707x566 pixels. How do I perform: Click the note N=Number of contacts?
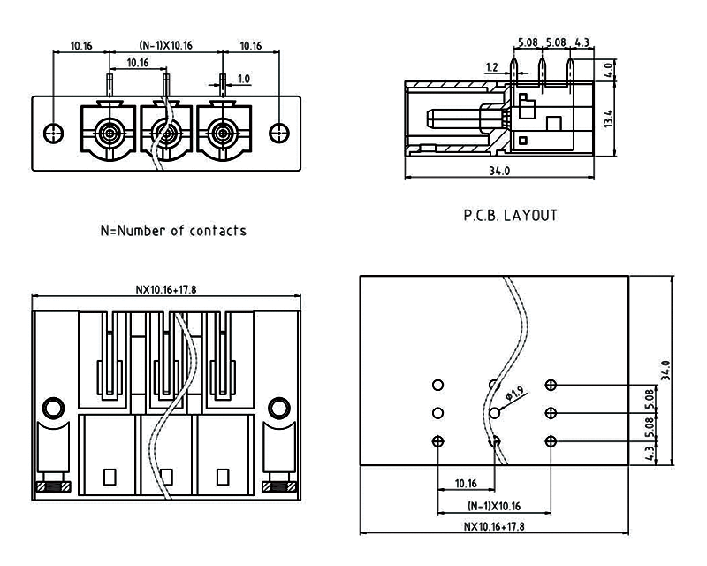[x=173, y=231]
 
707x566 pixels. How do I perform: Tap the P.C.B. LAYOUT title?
[x=512, y=215]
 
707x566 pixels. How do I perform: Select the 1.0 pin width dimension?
[x=243, y=79]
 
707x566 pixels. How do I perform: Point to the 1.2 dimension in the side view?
[x=492, y=66]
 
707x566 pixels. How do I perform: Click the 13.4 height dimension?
[x=607, y=119]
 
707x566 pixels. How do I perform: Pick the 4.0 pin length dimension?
[x=607, y=69]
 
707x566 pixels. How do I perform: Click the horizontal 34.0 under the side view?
[x=499, y=171]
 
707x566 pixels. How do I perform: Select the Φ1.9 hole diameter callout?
[x=517, y=393]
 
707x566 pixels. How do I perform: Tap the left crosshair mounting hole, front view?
[x=55, y=134]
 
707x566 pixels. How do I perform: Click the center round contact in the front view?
[x=164, y=134]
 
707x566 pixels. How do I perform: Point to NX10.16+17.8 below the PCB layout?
[x=494, y=526]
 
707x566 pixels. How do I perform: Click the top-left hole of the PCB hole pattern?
[x=437, y=385]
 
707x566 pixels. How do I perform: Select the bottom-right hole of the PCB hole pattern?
[x=551, y=441]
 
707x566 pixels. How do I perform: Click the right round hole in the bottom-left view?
[x=279, y=408]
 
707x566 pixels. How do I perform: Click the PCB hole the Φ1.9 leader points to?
[x=494, y=413]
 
